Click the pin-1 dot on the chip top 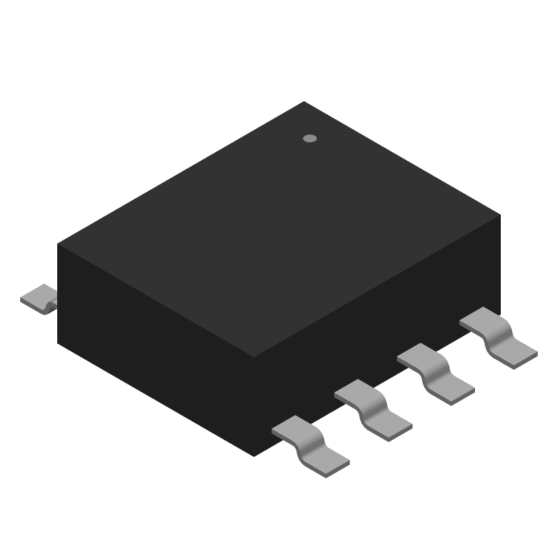point(310,138)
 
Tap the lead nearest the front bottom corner point(310,446)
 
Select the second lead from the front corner point(373,410)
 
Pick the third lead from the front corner point(436,374)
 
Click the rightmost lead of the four point(499,338)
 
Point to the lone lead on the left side point(39,299)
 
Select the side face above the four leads point(377,335)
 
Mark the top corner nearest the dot point(304,102)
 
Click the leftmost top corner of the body point(58,244)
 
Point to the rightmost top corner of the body point(500,216)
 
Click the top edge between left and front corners point(156,301)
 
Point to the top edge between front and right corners point(377,286)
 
